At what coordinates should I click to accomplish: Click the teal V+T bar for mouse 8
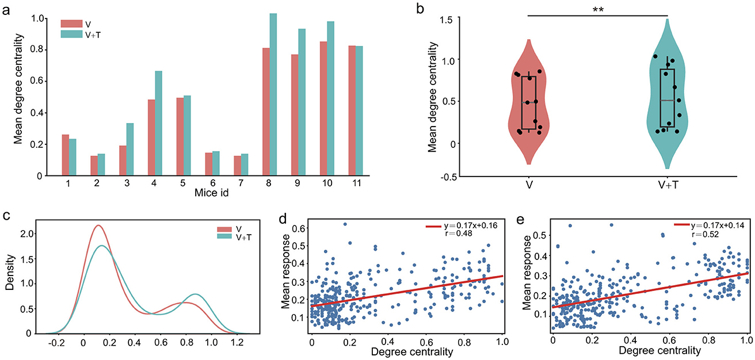273,95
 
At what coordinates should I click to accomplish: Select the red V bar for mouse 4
152,138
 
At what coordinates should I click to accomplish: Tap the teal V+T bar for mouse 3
130,150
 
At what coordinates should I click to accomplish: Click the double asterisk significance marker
597,10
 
